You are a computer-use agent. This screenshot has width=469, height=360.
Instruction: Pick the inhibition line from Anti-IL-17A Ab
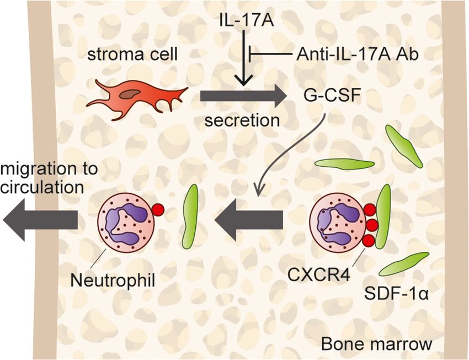[270, 54]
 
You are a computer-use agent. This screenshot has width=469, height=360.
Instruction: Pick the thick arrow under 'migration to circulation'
[42, 221]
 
